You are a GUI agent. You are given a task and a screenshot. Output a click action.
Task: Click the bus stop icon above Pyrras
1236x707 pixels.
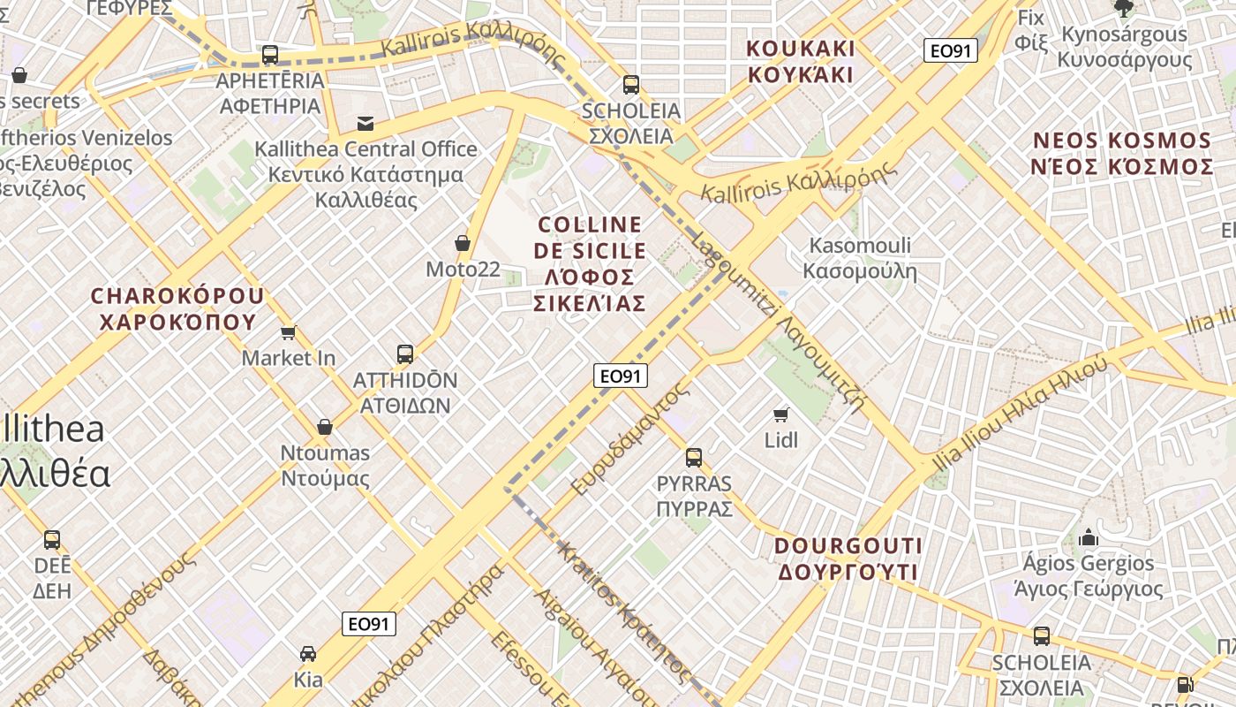pos(694,457)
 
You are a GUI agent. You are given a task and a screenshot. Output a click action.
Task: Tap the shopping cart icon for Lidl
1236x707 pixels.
pos(780,414)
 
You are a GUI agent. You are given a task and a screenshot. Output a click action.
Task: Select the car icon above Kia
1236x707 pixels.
pos(308,654)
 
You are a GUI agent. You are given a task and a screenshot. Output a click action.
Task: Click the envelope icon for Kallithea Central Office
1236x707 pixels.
pos(365,123)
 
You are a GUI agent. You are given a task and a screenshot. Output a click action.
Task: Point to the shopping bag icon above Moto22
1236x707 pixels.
pos(462,242)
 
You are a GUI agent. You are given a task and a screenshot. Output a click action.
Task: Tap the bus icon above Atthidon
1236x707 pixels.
pos(405,354)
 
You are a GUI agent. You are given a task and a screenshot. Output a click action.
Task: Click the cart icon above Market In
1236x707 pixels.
pos(288,332)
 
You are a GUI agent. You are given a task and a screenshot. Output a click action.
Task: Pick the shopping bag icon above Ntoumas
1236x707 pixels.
pos(325,427)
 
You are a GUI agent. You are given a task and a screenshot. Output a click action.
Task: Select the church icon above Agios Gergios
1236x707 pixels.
pos(1089,537)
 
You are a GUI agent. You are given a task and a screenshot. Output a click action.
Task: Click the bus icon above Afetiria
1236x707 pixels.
pos(270,55)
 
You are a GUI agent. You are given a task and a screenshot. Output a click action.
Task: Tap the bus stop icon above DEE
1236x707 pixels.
pos(52,540)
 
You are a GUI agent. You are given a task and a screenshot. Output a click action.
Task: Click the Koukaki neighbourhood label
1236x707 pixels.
pos(801,61)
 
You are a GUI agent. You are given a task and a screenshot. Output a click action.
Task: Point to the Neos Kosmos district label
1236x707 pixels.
pos(1122,153)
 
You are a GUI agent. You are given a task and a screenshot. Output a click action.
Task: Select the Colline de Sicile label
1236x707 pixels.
pos(590,263)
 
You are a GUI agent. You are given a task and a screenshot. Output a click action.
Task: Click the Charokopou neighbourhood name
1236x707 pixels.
pos(177,308)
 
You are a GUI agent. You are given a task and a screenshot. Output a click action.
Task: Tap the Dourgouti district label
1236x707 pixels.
pos(848,559)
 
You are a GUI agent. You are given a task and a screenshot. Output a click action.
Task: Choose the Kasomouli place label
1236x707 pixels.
pos(861,258)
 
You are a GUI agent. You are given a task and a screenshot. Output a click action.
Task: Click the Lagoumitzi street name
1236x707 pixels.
pos(777,323)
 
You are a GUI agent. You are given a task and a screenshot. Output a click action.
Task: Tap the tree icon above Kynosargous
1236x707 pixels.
pos(1124,9)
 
